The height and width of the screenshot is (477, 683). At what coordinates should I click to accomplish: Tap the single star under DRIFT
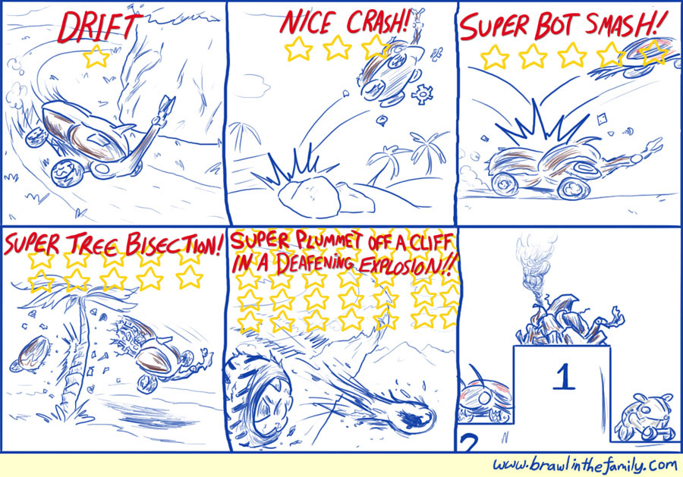[x=96, y=57]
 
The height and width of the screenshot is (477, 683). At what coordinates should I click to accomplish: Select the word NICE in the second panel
[x=307, y=22]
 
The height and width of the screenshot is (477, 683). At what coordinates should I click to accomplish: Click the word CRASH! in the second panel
[x=377, y=23]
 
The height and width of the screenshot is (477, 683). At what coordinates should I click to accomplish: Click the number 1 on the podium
[x=564, y=377]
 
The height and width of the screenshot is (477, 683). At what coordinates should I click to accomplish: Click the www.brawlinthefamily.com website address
[x=585, y=466]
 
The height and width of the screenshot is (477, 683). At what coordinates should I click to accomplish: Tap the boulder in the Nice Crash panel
[x=310, y=196]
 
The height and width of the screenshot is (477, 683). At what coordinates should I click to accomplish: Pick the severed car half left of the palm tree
[x=30, y=355]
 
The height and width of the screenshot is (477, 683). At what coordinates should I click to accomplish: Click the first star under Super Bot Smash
[x=494, y=57]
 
